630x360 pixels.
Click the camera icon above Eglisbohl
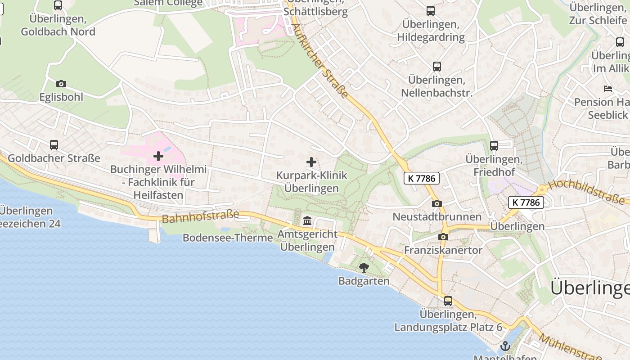tap(61, 84)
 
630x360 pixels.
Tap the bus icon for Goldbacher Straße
tap(54, 145)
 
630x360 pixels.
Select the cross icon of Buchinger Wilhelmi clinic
tap(158, 156)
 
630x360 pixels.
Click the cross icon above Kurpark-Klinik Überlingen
tap(311, 162)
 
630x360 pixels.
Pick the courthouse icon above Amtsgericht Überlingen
tap(307, 220)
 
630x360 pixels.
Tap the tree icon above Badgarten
tap(364, 268)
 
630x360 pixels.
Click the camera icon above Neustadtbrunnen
tap(436, 203)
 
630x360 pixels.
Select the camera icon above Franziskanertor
tap(443, 237)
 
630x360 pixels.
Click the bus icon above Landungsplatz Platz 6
tap(448, 301)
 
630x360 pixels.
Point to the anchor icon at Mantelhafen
tap(505, 346)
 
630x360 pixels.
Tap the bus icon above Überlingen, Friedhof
tap(494, 146)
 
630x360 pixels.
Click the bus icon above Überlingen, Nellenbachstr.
tap(436, 67)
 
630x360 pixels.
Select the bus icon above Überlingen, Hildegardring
tap(431, 11)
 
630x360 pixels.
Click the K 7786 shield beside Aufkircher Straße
tap(421, 178)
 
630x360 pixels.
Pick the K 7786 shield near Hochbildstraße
tap(526, 202)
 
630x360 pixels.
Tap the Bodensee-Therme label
tap(228, 238)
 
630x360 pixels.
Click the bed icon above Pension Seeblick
tap(608, 89)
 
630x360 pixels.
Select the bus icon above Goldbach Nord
tap(58, 5)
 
